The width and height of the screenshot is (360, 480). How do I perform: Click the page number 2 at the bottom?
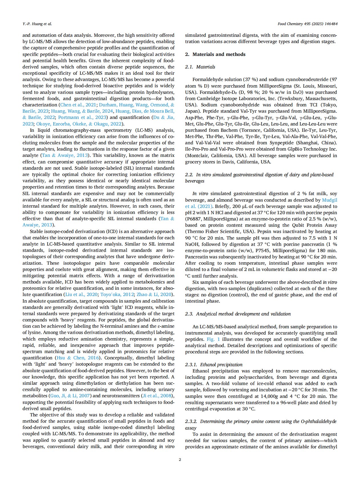tap(180, 459)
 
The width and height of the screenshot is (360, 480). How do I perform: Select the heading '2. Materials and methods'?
tap(215, 54)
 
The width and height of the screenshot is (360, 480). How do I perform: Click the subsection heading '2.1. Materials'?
tap(200, 67)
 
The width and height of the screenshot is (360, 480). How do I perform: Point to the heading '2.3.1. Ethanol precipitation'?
tap(214, 364)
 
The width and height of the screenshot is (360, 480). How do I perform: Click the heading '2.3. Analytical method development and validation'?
tap(238, 314)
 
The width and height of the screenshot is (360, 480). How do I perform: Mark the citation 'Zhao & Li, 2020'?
tap(154, 294)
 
